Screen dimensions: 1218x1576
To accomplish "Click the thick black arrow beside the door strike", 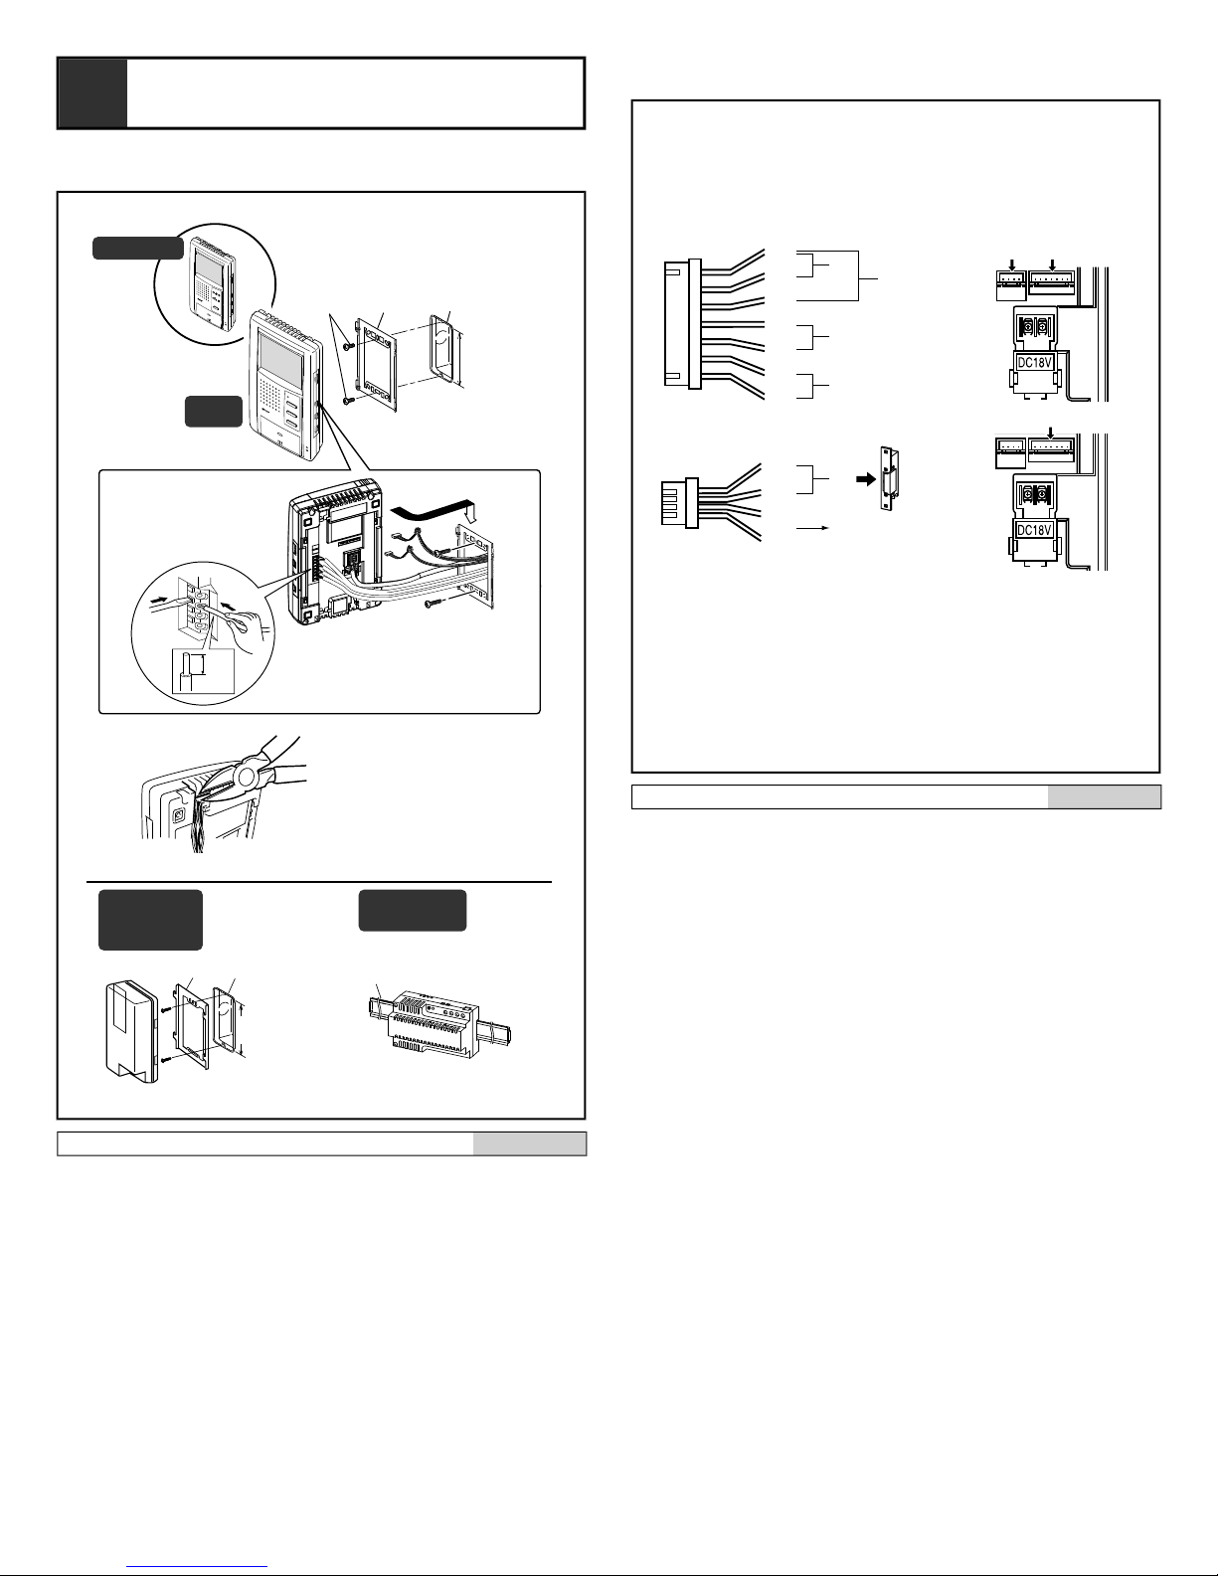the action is click(866, 479).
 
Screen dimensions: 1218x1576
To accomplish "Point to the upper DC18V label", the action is click(1034, 362).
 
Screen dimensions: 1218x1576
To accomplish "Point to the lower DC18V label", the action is click(1034, 530).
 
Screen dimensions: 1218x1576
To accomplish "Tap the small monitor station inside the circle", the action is click(213, 284).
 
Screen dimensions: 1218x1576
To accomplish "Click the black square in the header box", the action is click(92, 93).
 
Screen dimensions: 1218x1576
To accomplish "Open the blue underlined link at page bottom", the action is click(197, 1567).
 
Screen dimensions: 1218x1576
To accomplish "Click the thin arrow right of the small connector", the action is click(812, 529).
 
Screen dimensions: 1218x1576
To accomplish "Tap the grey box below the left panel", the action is click(529, 1143).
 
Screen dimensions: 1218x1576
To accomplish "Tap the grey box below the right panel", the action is click(1104, 796).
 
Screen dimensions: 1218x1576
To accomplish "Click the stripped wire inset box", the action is click(203, 671).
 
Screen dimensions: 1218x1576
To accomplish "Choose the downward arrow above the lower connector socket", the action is click(1050, 433).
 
